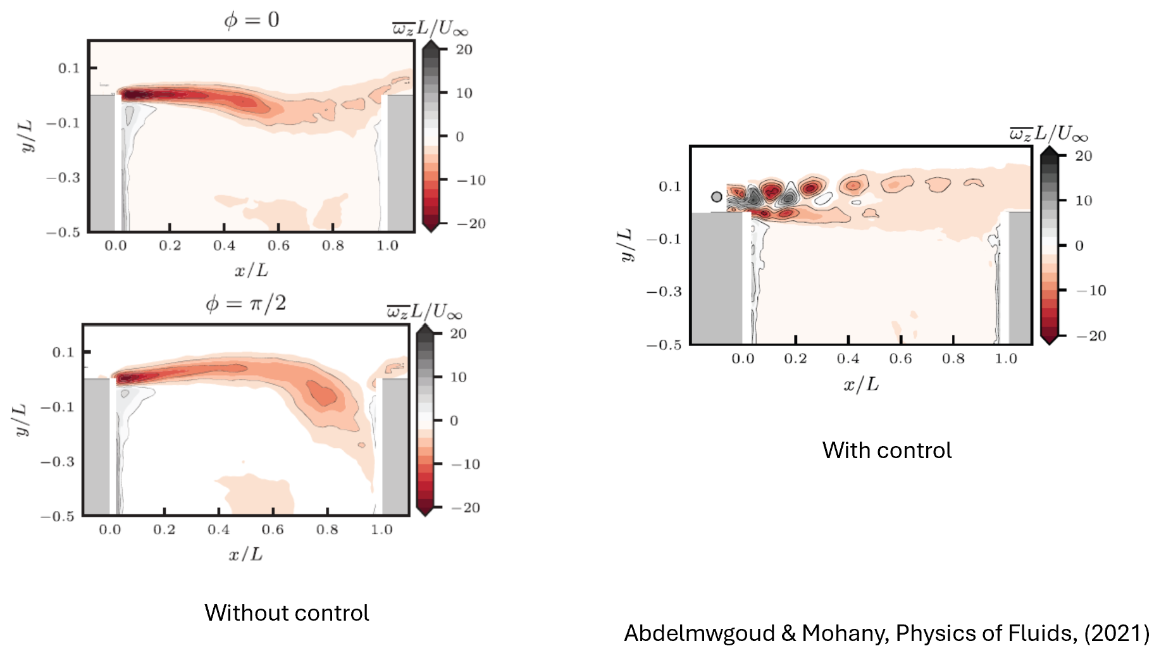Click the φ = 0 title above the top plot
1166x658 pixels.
[251, 20]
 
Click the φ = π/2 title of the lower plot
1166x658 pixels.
[246, 304]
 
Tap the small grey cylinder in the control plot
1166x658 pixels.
[716, 197]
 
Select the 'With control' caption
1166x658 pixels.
[886, 450]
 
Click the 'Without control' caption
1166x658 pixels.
[287, 613]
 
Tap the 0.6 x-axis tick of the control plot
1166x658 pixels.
[900, 359]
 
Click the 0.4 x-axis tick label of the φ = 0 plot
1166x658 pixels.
[224, 245]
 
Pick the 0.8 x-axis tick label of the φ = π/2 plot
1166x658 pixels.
[327, 530]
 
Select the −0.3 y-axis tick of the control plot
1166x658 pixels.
[664, 292]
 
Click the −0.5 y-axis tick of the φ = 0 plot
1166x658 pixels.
[63, 232]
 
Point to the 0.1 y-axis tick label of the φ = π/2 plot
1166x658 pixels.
[63, 352]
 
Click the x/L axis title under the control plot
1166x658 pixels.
[861, 384]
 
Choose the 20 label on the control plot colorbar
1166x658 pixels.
[1084, 156]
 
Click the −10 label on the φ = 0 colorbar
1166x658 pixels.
[471, 180]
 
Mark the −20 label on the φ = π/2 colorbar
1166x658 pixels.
[465, 507]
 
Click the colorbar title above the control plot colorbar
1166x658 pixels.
[1048, 133]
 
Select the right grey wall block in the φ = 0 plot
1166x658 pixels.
[400, 163]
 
